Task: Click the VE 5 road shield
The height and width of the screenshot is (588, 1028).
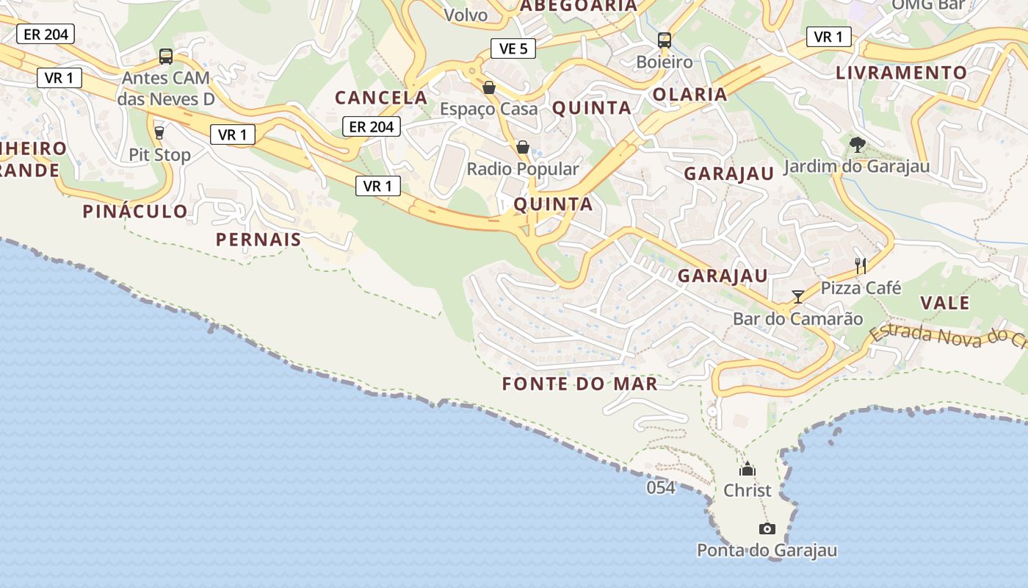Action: click(513, 49)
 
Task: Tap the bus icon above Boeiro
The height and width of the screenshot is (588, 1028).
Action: click(665, 40)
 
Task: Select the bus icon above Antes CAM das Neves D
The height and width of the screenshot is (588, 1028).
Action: click(166, 56)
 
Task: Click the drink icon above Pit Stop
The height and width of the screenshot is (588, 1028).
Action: click(159, 133)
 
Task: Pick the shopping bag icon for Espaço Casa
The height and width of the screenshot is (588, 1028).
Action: click(488, 88)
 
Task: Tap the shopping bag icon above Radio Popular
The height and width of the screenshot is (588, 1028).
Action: click(523, 148)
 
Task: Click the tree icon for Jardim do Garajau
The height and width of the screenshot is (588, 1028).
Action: click(856, 144)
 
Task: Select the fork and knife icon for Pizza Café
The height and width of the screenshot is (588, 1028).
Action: click(861, 266)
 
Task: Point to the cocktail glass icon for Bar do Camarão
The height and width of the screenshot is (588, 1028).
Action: click(798, 297)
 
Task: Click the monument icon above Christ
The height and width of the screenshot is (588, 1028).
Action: click(748, 469)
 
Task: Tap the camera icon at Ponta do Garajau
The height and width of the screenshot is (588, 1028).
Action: click(767, 528)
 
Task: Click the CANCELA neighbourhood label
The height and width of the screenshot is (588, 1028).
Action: click(381, 97)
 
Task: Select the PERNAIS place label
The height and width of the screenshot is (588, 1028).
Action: click(258, 240)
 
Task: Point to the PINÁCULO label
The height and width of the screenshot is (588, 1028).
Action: click(135, 212)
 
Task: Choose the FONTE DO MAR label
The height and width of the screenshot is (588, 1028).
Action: click(580, 384)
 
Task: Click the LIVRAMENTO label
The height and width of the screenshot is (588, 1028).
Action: click(902, 73)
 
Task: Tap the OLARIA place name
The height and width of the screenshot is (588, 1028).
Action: click(689, 94)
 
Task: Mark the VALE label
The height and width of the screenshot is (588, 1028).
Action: click(945, 303)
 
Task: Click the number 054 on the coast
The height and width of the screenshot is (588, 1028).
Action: click(661, 487)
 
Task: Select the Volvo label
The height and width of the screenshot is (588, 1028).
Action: click(466, 15)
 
